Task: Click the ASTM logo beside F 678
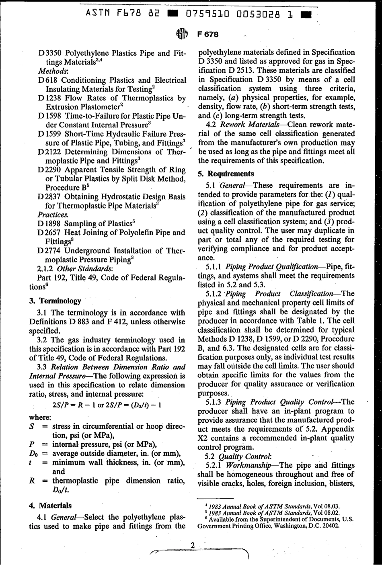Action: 182,35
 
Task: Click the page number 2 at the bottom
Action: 192,545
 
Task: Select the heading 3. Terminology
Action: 55,301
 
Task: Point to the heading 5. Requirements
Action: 226,174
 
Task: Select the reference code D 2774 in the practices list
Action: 49,250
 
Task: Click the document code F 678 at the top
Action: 208,34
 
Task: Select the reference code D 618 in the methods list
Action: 47,80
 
